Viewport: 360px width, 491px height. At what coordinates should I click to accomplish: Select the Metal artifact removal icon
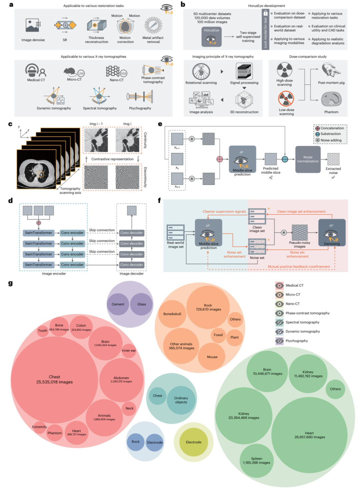coord(153,26)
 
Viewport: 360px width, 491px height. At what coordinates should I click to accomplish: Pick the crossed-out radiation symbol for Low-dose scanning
coord(286,99)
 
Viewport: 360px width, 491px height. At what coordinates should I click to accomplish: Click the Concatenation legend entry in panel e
coord(330,128)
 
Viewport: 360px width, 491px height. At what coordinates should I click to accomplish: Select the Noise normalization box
coord(308,159)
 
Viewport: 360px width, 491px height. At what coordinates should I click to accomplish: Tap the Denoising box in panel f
coord(332,233)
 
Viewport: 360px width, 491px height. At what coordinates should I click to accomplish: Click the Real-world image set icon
coord(176,232)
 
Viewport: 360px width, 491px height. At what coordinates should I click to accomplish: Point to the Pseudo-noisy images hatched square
coord(299,232)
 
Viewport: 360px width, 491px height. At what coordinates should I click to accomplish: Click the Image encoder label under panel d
coord(54,274)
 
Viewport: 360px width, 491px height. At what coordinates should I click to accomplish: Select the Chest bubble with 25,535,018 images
coord(54,380)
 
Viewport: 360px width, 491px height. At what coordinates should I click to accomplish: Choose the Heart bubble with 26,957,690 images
coord(309,435)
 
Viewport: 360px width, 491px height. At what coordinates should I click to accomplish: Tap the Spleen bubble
coord(256,461)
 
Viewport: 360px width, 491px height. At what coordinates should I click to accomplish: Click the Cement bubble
coord(118,304)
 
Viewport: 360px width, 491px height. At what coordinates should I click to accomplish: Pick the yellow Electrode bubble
coord(194,442)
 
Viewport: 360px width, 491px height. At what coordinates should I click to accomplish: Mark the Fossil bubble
coord(218,335)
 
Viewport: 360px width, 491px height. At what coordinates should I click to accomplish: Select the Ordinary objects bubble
coord(181,400)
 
